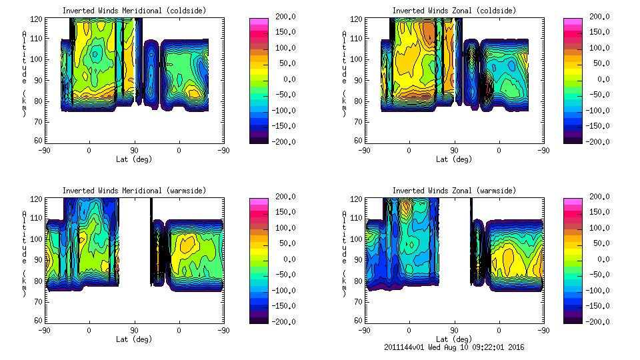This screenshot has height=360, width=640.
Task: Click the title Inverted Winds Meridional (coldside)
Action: point(134,11)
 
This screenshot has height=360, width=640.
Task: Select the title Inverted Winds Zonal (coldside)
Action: point(454,11)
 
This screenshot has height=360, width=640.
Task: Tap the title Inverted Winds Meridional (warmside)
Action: point(134,191)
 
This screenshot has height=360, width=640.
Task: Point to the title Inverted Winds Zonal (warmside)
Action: point(454,191)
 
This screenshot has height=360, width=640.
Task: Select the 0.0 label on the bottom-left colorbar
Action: point(283,259)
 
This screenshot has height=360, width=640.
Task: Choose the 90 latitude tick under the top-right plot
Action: point(454,150)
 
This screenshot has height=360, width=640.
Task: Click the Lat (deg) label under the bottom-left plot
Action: point(134,339)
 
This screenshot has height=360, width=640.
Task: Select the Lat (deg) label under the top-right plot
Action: point(454,159)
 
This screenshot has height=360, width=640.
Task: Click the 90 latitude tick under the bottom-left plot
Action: point(134,330)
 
